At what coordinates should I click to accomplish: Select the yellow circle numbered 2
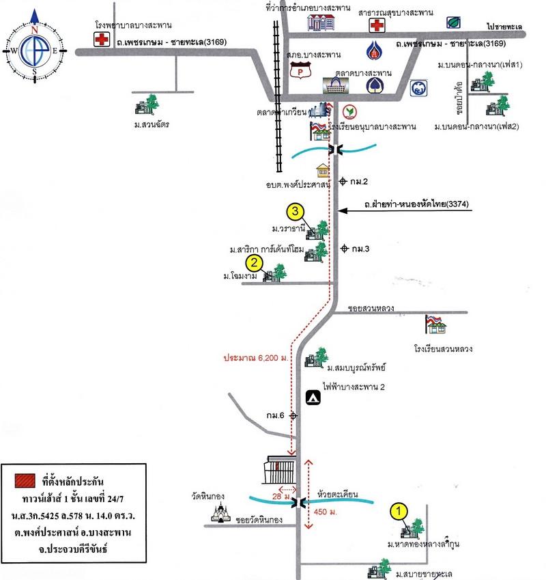pos(254,262)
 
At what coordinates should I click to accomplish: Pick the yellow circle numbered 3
pos(294,211)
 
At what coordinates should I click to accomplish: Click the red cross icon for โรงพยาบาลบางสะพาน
pos(102,40)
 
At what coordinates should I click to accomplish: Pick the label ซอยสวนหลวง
pos(371,308)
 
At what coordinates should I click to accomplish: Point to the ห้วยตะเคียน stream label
pos(339,491)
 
